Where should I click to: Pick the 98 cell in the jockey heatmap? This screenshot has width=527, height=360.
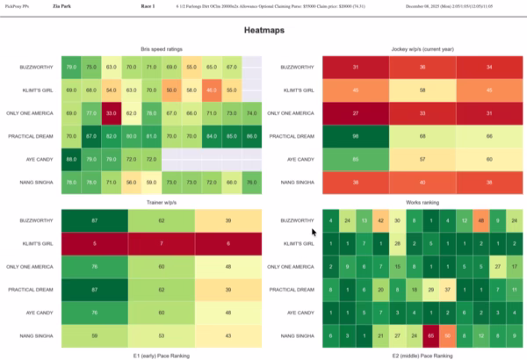pos(357,135)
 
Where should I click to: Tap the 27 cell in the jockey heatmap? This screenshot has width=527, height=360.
pos(357,112)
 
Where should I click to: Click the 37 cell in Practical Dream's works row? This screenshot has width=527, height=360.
pos(447,288)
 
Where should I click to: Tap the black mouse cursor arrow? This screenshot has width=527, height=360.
pos(314,232)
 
